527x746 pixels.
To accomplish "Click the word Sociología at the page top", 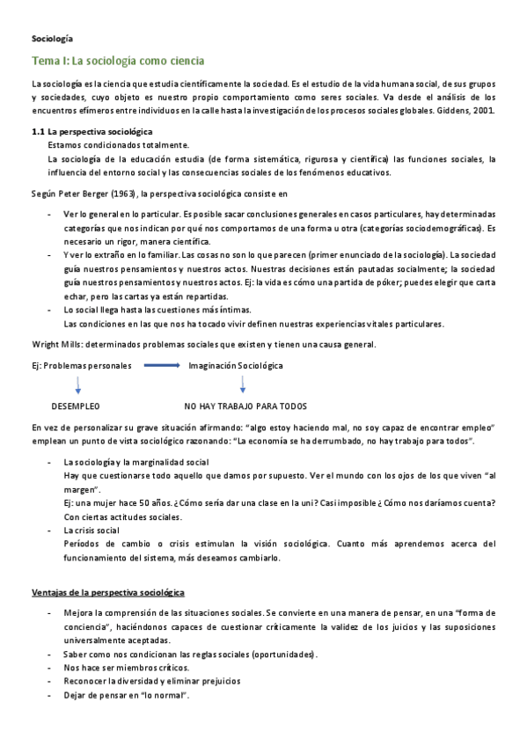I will tap(53, 39).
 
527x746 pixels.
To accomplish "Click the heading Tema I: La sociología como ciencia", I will tap(117, 62).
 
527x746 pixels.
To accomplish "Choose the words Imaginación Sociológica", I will tap(236, 365).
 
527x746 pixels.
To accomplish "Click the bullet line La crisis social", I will tap(91, 530).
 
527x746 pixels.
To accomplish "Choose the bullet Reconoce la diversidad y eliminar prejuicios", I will tap(152, 681).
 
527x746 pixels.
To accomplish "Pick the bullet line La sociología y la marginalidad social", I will tap(136, 461).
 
